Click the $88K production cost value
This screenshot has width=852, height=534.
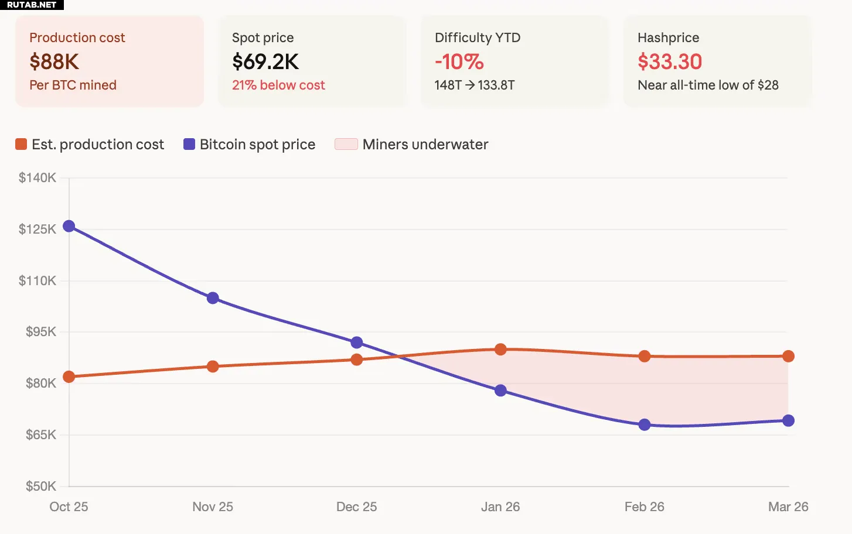coord(54,61)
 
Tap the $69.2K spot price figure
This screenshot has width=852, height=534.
coord(265,61)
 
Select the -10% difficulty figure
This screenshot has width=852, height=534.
coord(459,61)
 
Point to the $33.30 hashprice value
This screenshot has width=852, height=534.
coord(670,61)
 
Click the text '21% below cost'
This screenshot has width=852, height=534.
coord(278,85)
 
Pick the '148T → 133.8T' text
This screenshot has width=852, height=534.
coord(475,85)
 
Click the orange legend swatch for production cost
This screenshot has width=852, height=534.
coord(21,144)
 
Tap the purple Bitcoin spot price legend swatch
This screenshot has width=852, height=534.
coord(189,144)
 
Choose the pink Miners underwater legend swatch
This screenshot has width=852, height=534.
coord(346,144)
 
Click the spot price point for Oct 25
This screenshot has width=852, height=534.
coord(69,226)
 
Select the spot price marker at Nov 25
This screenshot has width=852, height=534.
coord(213,298)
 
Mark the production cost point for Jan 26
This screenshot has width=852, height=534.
coord(500,350)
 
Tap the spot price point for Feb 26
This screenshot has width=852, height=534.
coord(645,425)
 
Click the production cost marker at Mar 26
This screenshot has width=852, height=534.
coord(788,356)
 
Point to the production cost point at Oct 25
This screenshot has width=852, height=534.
coord(69,376)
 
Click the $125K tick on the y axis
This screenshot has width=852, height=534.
coord(38,229)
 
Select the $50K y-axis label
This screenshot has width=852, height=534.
coord(40,486)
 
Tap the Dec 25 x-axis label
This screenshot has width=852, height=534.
coord(356,507)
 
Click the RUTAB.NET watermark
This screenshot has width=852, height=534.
coord(32,5)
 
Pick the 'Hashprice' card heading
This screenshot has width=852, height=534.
coord(668,37)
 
